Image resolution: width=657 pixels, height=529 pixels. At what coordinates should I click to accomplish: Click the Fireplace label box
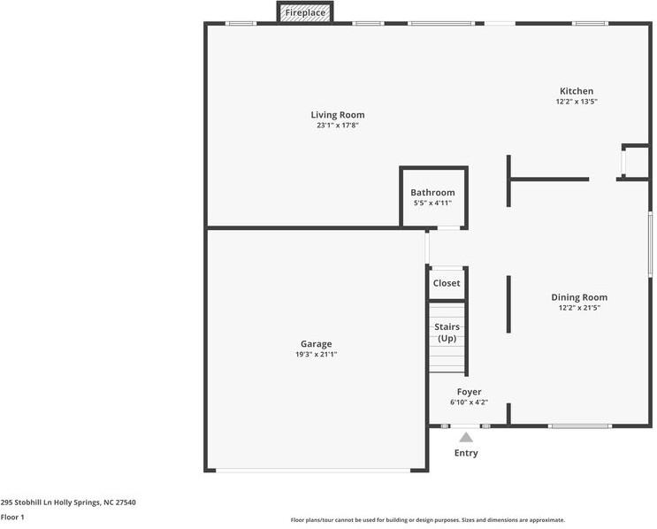[x=305, y=13]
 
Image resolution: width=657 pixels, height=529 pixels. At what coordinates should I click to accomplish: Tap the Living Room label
[x=337, y=115]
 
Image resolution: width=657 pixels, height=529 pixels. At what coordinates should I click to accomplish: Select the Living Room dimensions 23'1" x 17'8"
[x=337, y=126]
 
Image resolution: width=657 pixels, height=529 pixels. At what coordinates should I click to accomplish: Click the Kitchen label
[x=576, y=91]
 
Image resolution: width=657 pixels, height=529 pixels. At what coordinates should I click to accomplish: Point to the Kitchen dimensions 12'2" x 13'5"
[x=576, y=102]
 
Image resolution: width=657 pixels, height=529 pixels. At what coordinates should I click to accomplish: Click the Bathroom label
[x=432, y=193]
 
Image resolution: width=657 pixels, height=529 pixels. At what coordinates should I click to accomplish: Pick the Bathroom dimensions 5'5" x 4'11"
[x=432, y=203]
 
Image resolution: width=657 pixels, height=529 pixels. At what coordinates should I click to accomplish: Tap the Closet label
[x=447, y=283]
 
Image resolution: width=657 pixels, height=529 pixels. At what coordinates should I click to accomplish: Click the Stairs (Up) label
[x=447, y=333]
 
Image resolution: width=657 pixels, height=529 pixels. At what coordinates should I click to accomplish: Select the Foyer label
[x=469, y=392]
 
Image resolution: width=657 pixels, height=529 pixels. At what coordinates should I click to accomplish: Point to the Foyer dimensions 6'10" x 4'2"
[x=469, y=402]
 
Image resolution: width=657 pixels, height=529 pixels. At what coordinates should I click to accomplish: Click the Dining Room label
[x=579, y=297]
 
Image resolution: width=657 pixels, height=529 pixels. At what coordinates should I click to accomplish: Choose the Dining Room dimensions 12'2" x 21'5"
[x=579, y=308]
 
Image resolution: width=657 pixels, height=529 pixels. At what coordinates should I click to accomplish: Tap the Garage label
[x=316, y=344]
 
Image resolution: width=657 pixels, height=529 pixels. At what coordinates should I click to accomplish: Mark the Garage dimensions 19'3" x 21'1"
[x=316, y=355]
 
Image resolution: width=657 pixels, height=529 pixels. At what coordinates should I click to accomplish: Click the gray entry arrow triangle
[x=466, y=437]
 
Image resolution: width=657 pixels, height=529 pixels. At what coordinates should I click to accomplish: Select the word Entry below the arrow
[x=466, y=453]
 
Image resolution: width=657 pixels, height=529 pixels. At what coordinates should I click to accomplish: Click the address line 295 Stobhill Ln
[x=68, y=502]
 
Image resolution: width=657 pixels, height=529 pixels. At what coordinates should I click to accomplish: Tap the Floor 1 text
[x=12, y=517]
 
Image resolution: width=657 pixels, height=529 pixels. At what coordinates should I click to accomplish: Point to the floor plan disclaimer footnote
[x=427, y=520]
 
